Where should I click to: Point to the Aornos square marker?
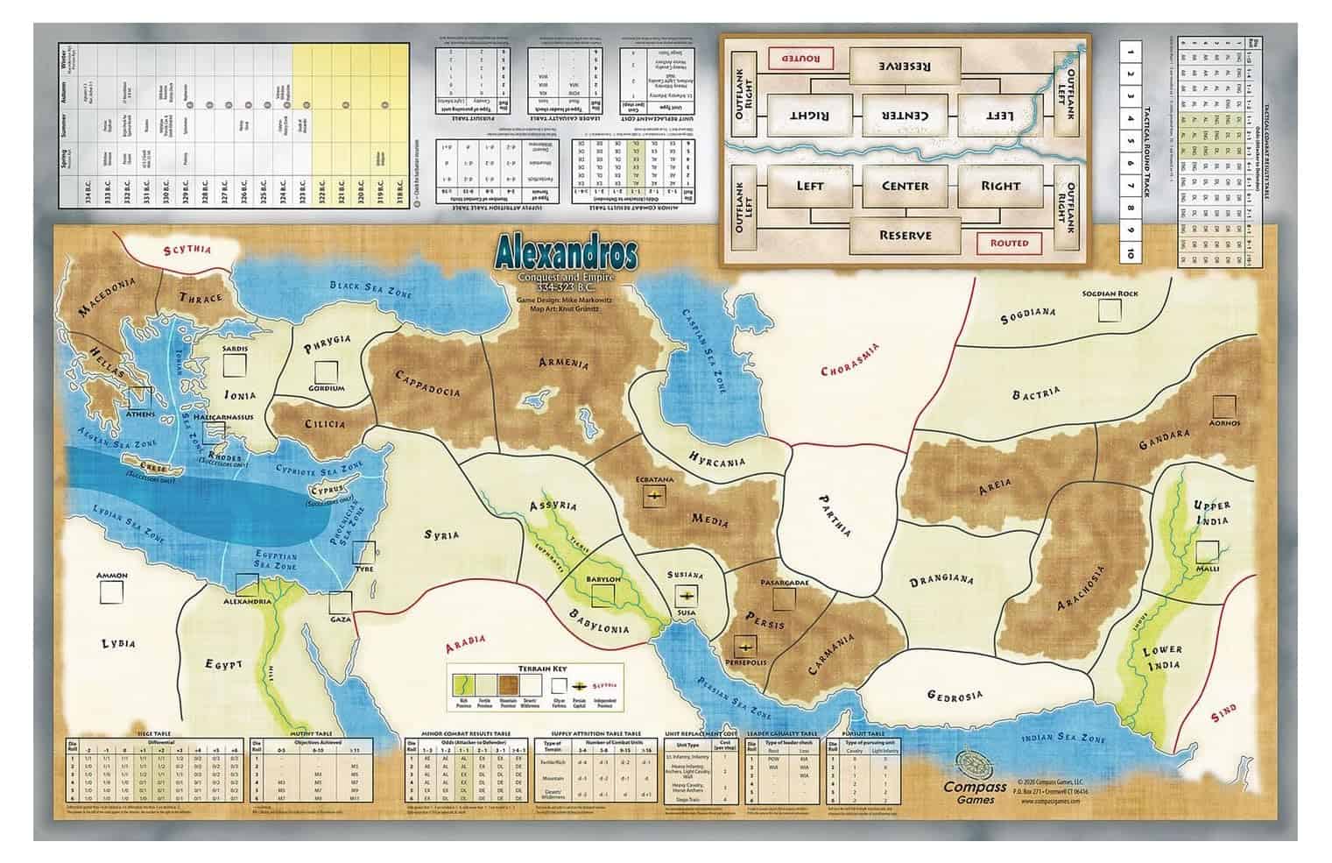1224,406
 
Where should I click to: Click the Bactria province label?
1036,393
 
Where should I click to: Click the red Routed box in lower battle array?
1008,243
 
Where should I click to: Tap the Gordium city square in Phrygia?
326,371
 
